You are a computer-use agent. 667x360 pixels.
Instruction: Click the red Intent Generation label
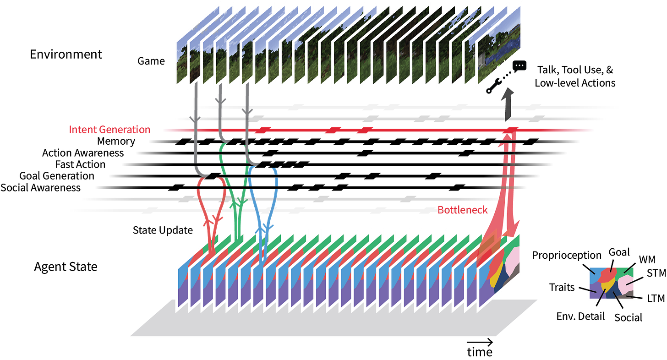click(x=109, y=130)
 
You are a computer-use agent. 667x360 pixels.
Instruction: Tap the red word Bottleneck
click(x=462, y=210)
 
